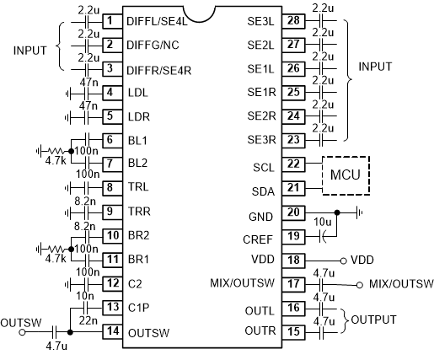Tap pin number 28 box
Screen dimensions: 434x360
pos(293,21)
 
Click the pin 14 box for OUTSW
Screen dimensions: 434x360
pos(112,331)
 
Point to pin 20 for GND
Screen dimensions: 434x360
pos(293,212)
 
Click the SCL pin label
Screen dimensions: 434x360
pos(263,168)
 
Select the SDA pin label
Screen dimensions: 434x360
pos(263,191)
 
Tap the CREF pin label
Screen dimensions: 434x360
pos(258,239)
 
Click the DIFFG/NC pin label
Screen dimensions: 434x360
pos(153,45)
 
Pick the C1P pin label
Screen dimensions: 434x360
pos(138,308)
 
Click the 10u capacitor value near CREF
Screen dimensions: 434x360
pos(322,222)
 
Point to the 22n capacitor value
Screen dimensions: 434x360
pos(88,320)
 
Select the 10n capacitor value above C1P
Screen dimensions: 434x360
pos(85,296)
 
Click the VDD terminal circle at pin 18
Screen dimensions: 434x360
pos(343,261)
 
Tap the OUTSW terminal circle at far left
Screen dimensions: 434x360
pos(22,332)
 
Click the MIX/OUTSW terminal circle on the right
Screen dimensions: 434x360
pos(359,285)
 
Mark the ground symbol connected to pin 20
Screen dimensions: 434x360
pos(359,212)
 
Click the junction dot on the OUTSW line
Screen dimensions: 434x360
pos(70,332)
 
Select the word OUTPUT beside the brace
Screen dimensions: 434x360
pos(373,320)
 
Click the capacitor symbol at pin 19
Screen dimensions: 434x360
pos(323,237)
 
